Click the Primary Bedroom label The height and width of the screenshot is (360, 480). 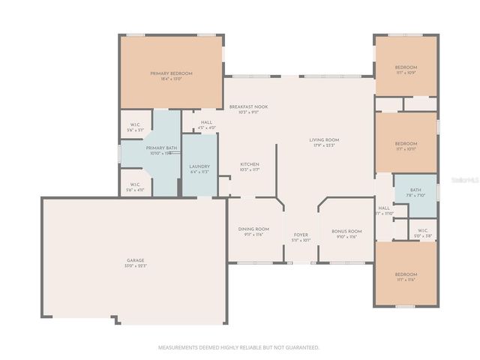171,73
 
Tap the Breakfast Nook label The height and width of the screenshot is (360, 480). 248,107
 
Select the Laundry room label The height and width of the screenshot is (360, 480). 199,166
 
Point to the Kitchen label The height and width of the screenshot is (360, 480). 250,164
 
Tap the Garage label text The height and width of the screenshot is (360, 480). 136,260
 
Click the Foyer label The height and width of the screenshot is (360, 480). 301,235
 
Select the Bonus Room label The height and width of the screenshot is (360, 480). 346,231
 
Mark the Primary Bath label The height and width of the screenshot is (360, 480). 161,148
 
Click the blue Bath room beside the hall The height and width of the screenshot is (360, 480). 415,193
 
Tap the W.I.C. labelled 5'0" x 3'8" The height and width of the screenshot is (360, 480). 422,232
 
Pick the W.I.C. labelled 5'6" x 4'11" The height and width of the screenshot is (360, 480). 135,187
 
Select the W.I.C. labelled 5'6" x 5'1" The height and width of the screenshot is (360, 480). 135,127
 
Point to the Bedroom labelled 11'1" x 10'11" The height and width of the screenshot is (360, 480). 406,143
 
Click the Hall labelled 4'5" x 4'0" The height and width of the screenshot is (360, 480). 207,124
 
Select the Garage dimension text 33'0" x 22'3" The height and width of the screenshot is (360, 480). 136,266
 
